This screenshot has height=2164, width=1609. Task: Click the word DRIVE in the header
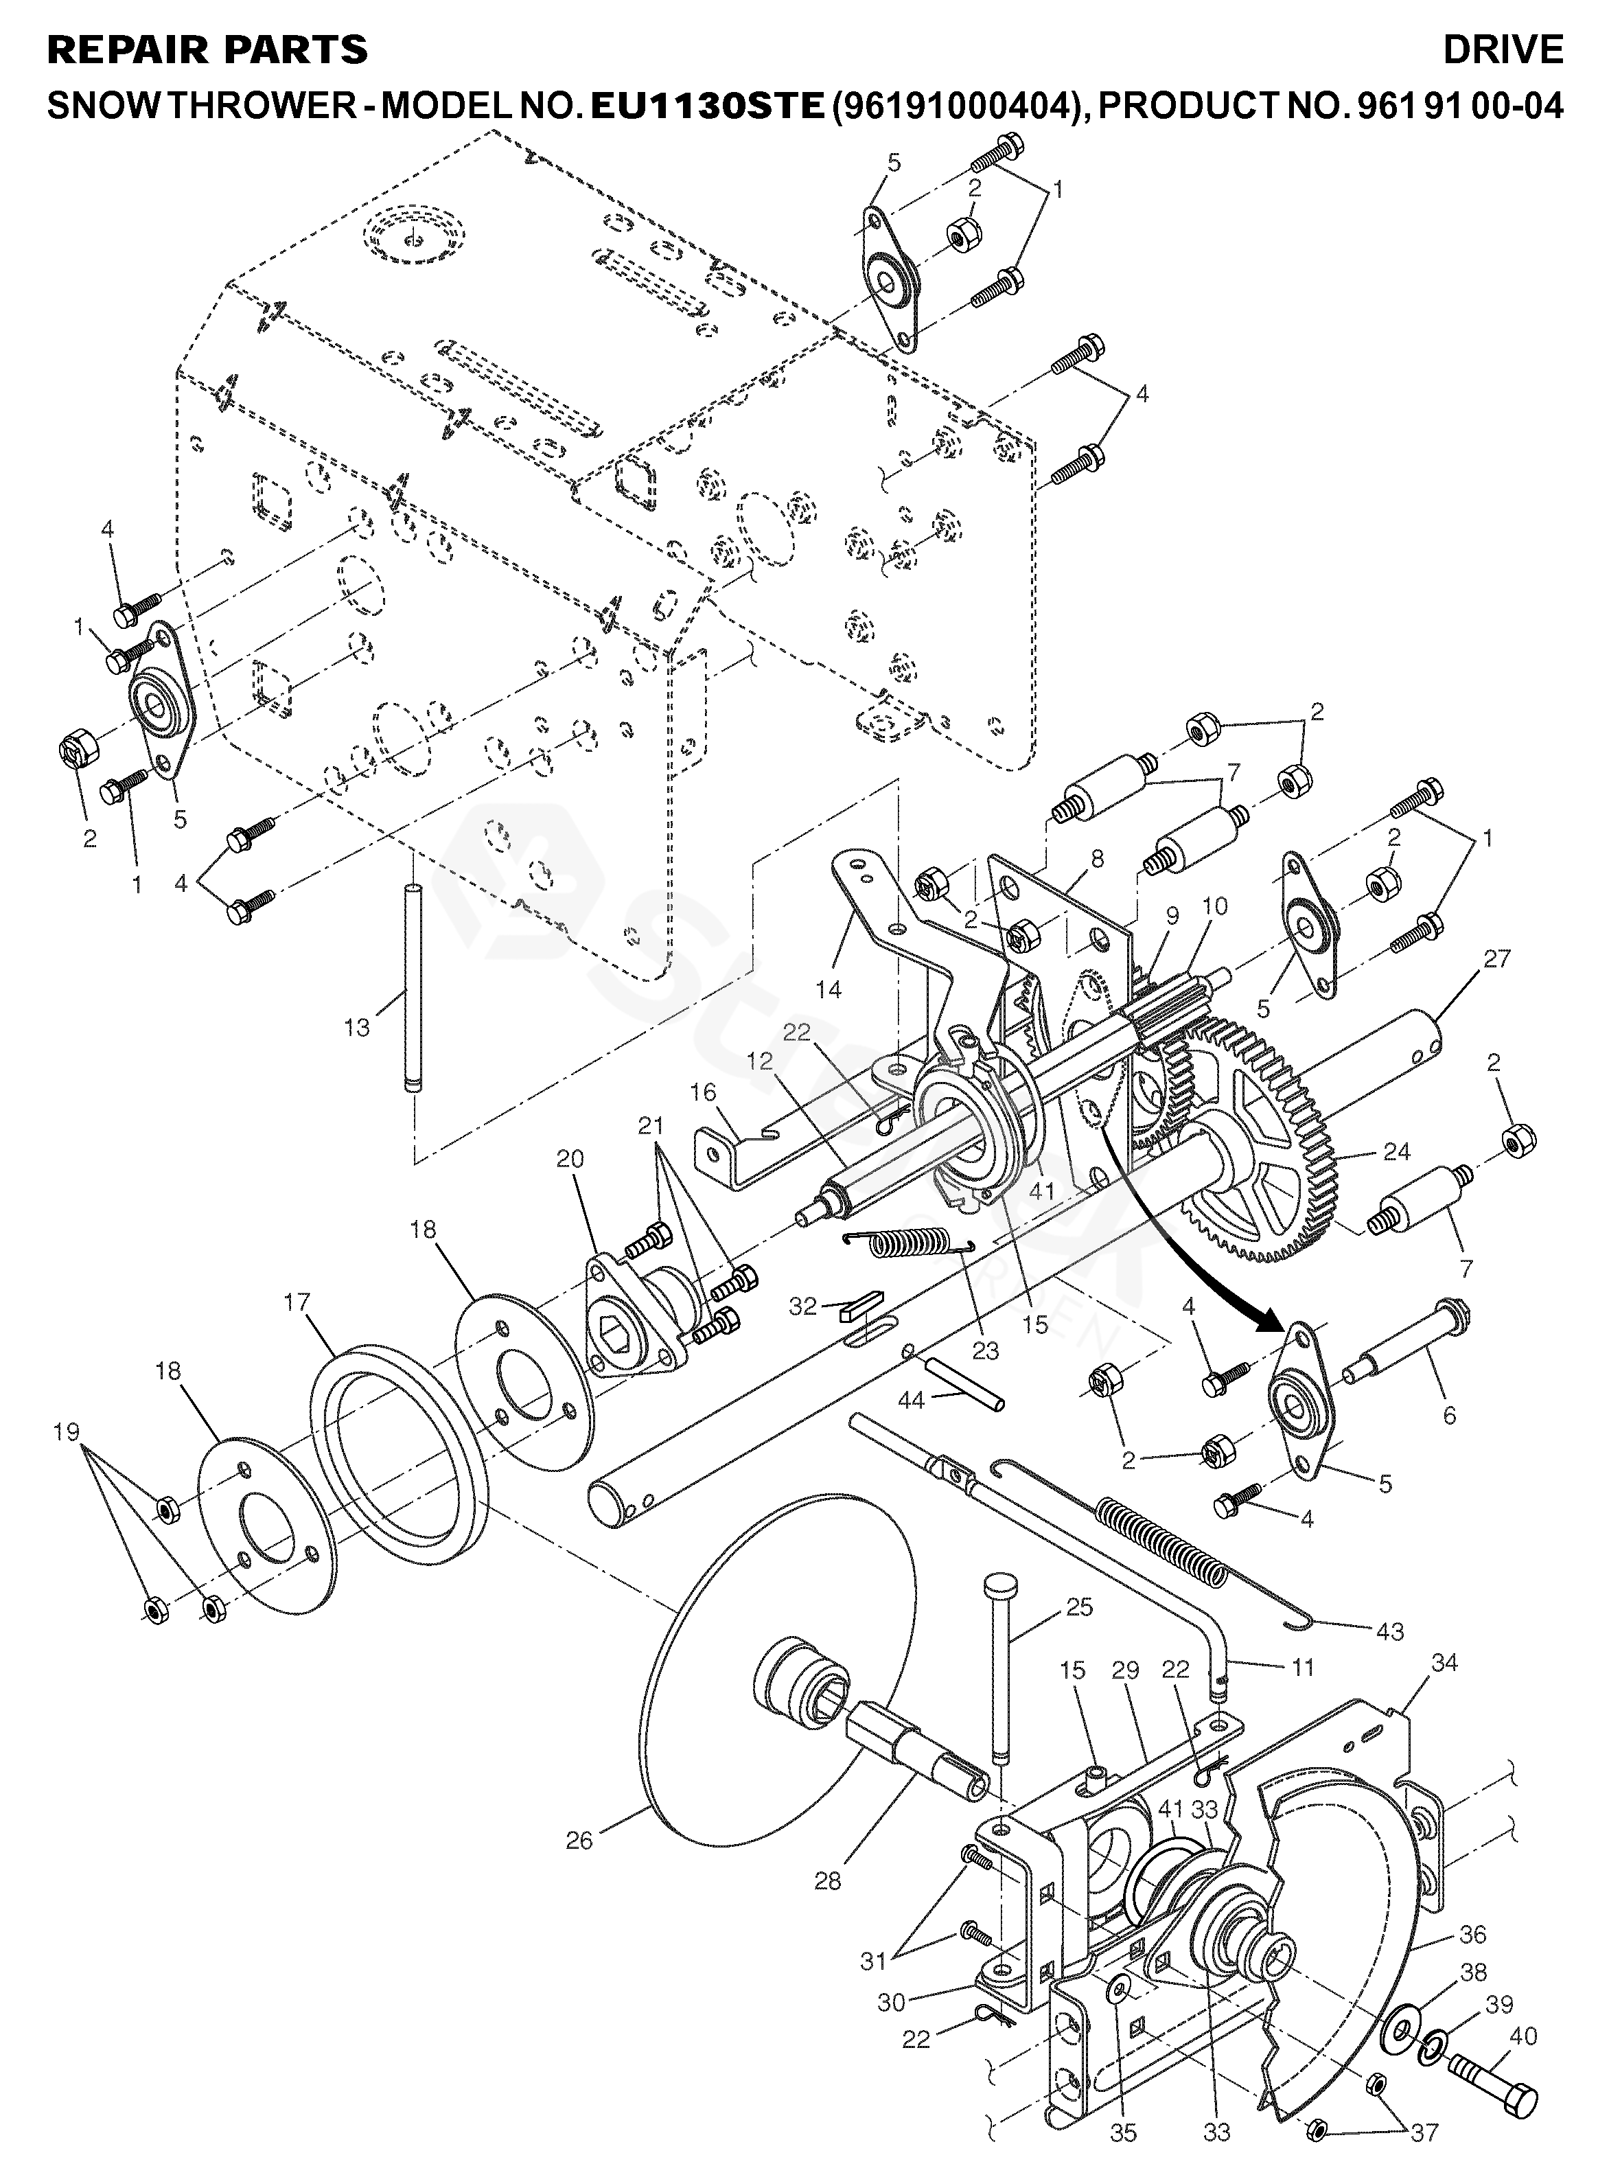[x=1503, y=49]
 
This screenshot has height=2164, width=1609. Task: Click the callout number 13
[x=358, y=1026]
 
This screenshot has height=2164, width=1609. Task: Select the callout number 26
[x=579, y=1840]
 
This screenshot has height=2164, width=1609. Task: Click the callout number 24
[x=1397, y=1152]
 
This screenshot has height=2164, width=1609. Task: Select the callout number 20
[x=570, y=1158]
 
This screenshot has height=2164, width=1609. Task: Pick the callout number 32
[x=802, y=1306]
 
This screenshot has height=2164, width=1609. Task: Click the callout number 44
[x=912, y=1401]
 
